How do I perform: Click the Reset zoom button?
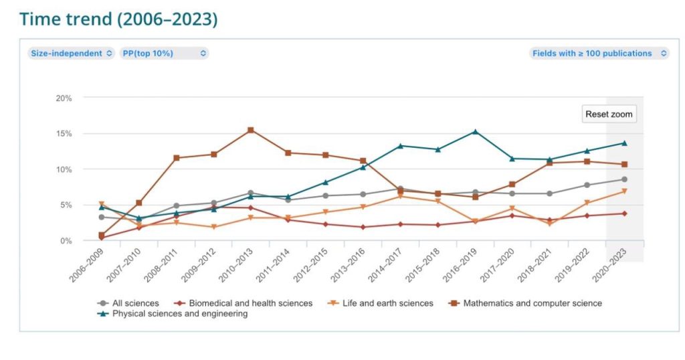coord(609,114)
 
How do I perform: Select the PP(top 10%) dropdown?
coord(164,54)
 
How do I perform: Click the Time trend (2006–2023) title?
coord(118,19)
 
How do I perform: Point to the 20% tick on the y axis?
coord(64,98)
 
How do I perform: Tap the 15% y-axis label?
coord(64,134)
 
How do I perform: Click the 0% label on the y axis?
coord(66,241)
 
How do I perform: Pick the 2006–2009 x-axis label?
coord(85,265)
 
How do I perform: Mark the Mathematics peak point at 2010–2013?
coord(251,130)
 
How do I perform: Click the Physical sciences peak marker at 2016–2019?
coord(475,132)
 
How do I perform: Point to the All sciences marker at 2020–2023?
coord(624,179)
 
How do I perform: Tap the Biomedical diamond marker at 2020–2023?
coord(624,213)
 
